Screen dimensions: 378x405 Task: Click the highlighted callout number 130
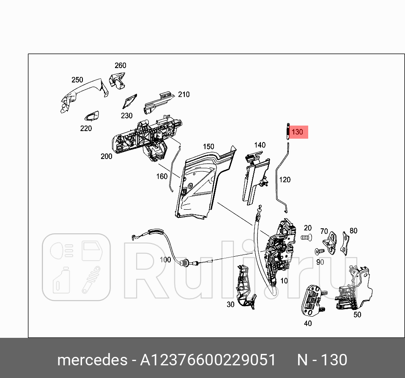click(298, 132)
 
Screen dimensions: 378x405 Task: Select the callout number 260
click(120, 66)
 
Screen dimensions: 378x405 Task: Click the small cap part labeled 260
click(117, 80)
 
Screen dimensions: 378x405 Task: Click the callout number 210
click(183, 95)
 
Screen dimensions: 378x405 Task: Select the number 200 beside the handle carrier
click(107, 156)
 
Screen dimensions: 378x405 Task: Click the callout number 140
click(260, 145)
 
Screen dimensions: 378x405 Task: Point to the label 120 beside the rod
click(285, 180)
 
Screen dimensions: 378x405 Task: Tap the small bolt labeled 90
click(318, 252)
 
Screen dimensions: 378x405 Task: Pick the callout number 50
click(357, 315)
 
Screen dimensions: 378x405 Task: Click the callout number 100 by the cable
click(165, 259)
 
